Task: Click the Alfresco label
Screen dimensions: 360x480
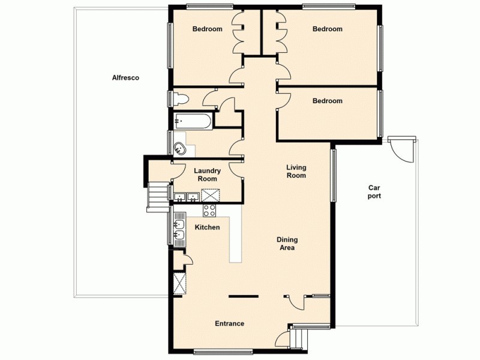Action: (125, 77)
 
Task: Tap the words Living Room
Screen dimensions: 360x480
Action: (296, 172)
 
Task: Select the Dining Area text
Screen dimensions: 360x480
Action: (287, 244)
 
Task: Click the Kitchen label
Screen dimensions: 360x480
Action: (208, 227)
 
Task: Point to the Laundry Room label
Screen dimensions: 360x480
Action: (207, 175)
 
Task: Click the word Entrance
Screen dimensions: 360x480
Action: (229, 324)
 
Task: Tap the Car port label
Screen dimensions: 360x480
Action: (374, 191)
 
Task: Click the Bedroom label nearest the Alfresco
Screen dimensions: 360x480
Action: (207, 29)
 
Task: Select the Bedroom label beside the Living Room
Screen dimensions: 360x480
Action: (327, 101)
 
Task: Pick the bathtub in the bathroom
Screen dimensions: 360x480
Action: (193, 122)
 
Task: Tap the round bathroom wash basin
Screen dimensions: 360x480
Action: (178, 148)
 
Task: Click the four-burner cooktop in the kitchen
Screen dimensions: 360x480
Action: (209, 210)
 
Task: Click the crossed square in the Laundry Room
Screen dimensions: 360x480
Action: (211, 195)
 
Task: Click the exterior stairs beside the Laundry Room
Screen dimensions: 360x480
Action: (158, 196)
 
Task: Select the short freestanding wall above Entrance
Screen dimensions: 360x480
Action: (244, 296)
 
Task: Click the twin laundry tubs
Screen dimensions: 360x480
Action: (186, 196)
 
